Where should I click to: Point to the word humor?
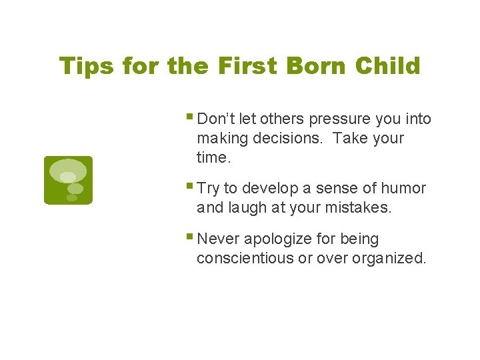pyautogui.click(x=403, y=189)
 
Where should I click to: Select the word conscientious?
pyautogui.click(x=245, y=258)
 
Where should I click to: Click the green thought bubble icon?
pyautogui.click(x=68, y=180)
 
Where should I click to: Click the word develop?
pyautogui.click(x=270, y=189)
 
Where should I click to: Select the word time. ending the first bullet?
pyautogui.click(x=213, y=157)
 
